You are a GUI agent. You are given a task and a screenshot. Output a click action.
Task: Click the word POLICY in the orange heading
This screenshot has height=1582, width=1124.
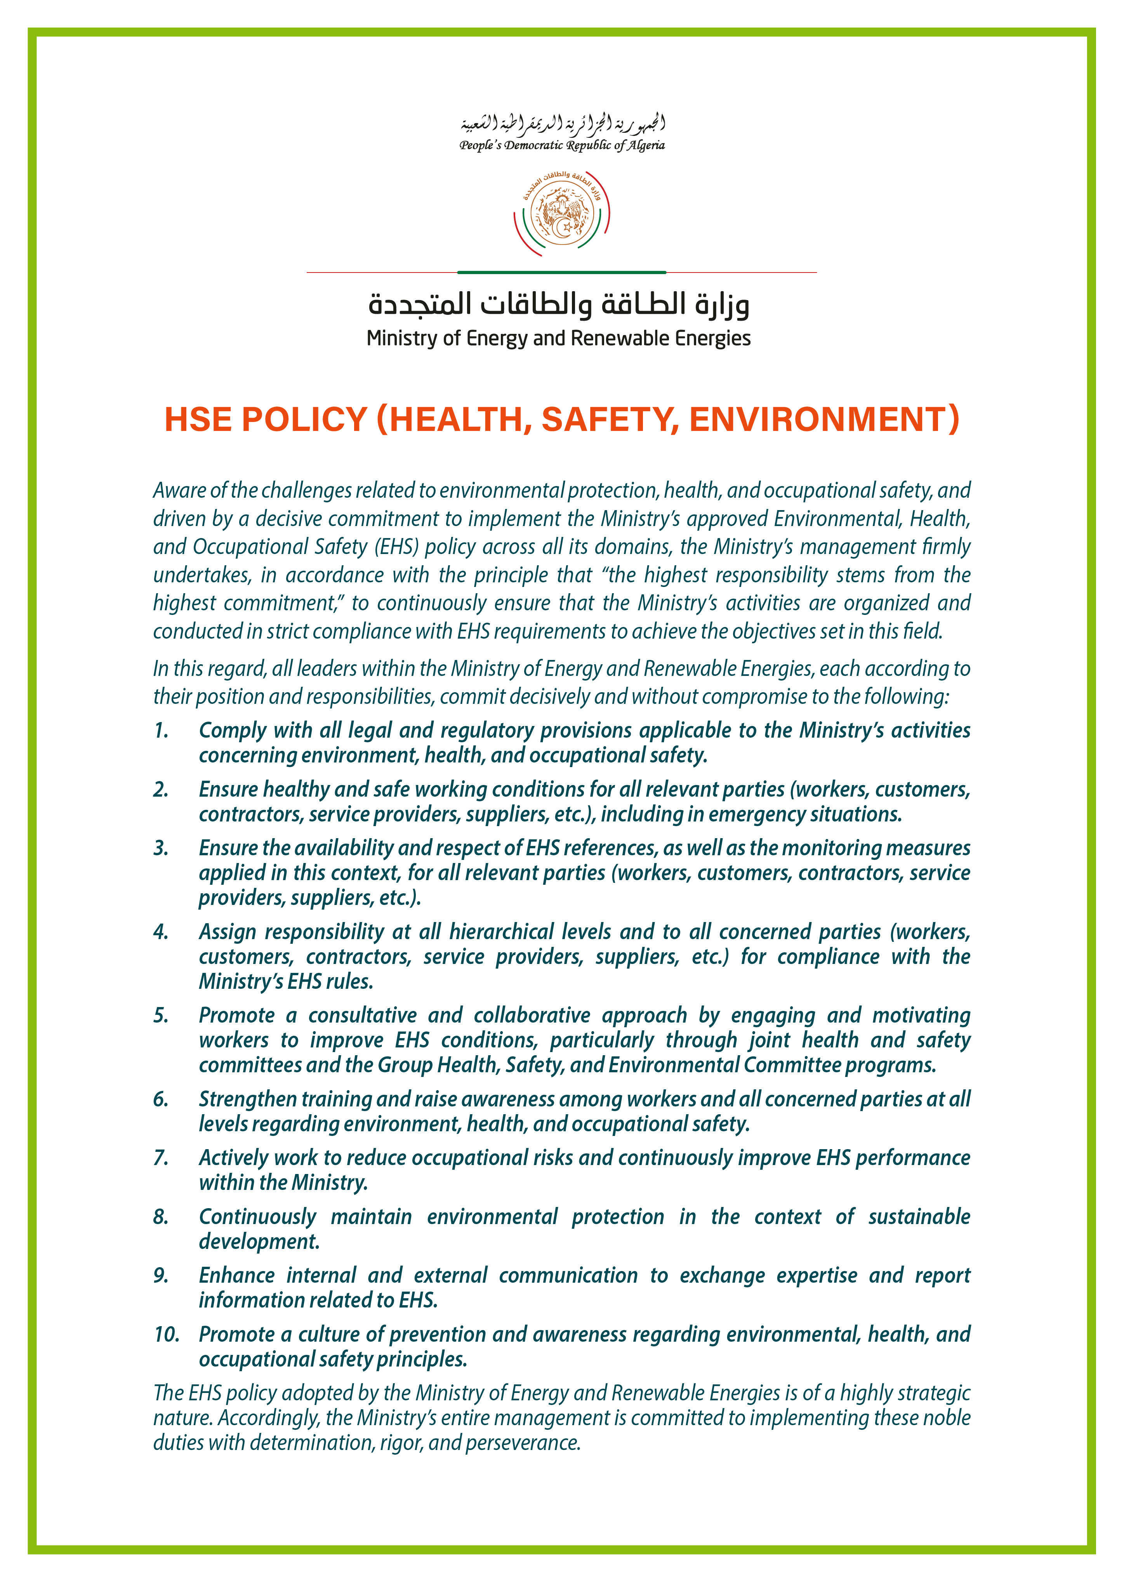tap(304, 419)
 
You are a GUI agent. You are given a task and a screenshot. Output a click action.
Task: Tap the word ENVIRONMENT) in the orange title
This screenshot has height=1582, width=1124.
tap(823, 419)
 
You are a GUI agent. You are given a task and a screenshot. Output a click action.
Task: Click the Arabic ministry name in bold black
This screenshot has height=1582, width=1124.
tap(559, 304)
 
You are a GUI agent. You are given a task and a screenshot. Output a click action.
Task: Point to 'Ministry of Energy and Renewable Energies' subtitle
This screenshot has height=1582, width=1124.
tap(559, 339)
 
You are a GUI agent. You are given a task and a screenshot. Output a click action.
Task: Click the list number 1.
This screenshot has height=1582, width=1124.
tap(161, 731)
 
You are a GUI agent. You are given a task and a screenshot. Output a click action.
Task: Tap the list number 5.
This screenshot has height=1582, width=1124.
tap(161, 1015)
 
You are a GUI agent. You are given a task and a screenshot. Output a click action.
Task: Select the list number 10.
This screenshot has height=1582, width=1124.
tap(166, 1334)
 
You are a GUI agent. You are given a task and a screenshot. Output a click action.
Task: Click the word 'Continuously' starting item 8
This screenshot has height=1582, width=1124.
tap(257, 1217)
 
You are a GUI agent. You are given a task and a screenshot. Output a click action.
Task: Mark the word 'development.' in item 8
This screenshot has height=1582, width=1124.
tap(259, 1242)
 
